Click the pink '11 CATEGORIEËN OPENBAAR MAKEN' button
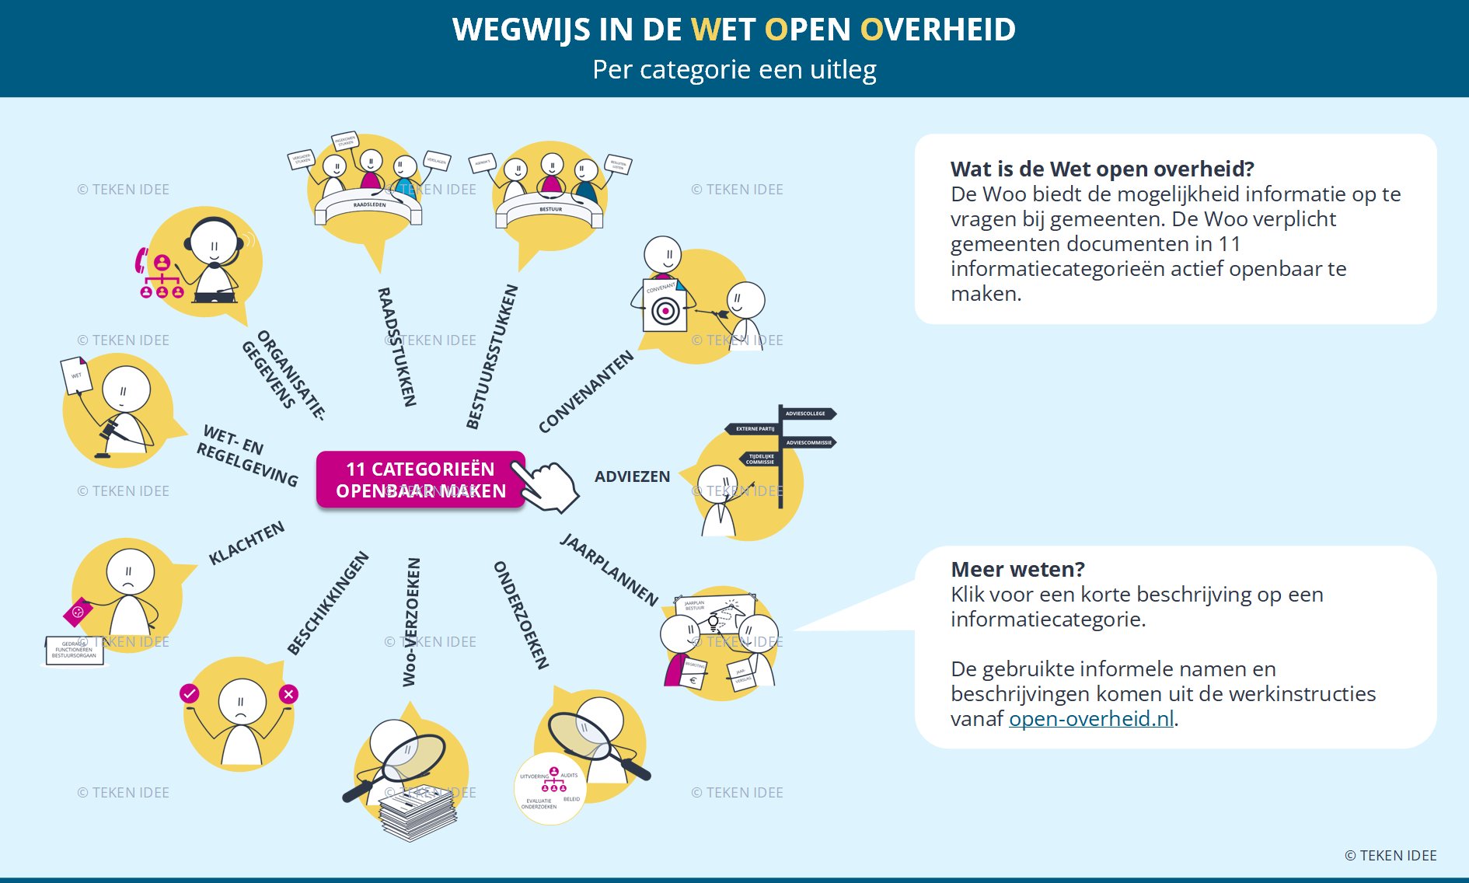pyautogui.click(x=420, y=480)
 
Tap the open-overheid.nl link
pyautogui.click(x=1090, y=719)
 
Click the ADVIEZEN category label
pyautogui.click(x=632, y=476)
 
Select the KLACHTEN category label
pyautogui.click(x=246, y=543)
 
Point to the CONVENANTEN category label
pyautogui.click(x=586, y=392)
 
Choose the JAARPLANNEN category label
pyautogui.click(x=609, y=570)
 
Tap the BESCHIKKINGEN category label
pyautogui.click(x=327, y=603)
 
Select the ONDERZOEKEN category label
pyautogui.click(x=522, y=615)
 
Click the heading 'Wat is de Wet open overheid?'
pyautogui.click(x=1102, y=169)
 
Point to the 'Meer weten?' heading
pyautogui.click(x=1017, y=569)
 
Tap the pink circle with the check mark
pyautogui.click(x=189, y=693)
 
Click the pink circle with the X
pyautogui.click(x=288, y=694)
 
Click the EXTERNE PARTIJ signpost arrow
pyautogui.click(x=753, y=428)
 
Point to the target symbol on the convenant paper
pyautogui.click(x=665, y=312)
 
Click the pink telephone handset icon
pyautogui.click(x=141, y=260)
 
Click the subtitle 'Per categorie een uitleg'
pyautogui.click(x=734, y=70)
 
